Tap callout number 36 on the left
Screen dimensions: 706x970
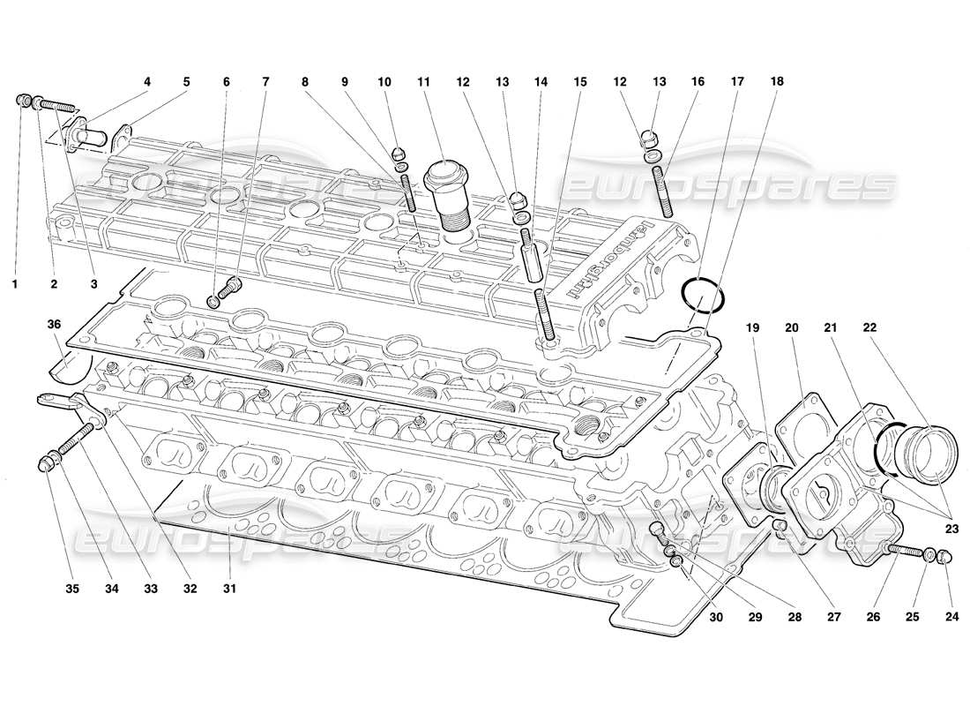(55, 324)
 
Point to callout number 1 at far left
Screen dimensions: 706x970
(15, 284)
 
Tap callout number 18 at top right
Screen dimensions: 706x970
(776, 81)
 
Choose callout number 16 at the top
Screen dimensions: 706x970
(698, 81)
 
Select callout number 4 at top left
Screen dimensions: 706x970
(147, 81)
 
